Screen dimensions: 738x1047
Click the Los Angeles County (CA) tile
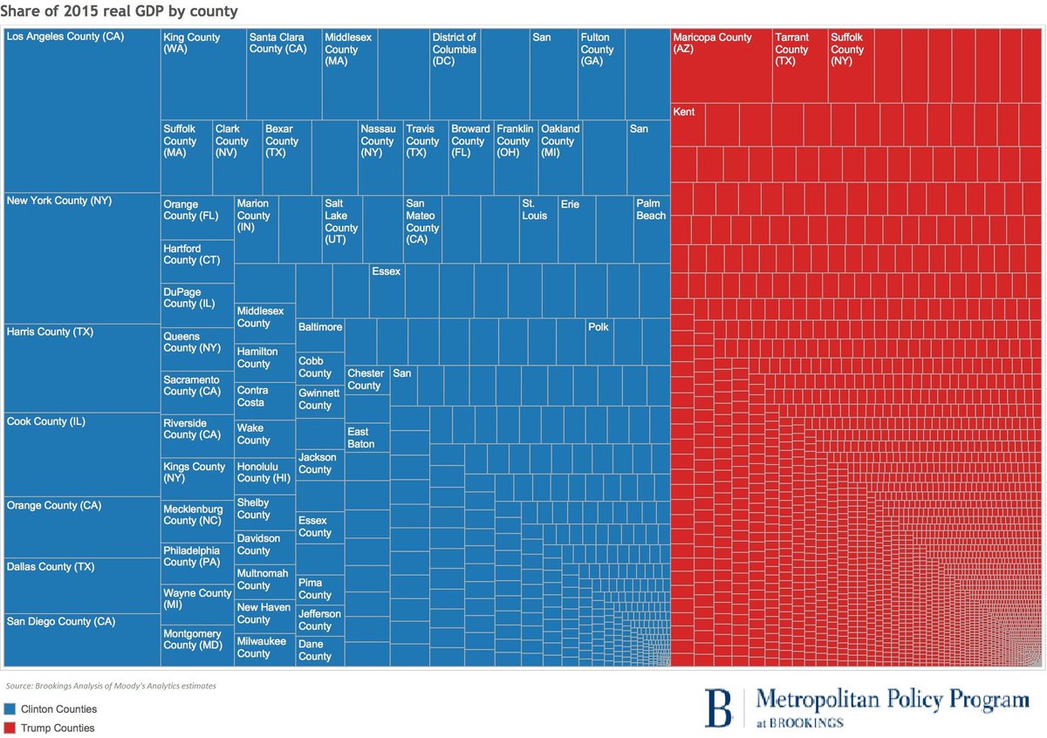[82, 110]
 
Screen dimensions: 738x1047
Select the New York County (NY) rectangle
[82, 257]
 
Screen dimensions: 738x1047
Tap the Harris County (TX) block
[82, 367]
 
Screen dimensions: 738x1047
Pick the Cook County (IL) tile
[82, 454]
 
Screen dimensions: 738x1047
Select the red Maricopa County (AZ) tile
[721, 65]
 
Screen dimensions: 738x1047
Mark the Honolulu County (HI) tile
[264, 475]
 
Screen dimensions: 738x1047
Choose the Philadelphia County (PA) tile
[197, 563]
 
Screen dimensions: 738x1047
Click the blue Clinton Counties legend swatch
[10, 709]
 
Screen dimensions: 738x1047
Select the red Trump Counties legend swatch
[10, 728]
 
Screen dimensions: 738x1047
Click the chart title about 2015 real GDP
[120, 11]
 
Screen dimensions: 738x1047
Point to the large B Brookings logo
[719, 707]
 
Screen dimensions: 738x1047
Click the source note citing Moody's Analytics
[110, 686]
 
